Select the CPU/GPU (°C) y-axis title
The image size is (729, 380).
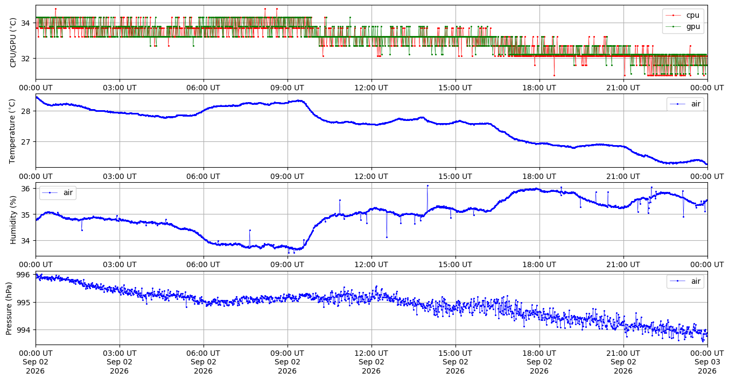point(13,42)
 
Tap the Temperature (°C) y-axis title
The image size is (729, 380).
point(12,131)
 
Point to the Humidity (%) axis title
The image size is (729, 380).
point(13,219)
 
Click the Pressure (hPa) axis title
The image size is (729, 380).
point(9,308)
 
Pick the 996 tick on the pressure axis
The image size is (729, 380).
point(23,275)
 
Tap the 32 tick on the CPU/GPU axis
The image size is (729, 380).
point(25,59)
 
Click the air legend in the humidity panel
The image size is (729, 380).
point(58,192)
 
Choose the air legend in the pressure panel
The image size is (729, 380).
point(685,281)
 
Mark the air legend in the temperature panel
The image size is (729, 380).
point(685,104)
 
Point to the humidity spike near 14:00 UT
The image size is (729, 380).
point(427,186)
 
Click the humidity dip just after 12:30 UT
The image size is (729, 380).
point(387,238)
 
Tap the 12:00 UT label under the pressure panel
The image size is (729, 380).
point(371,353)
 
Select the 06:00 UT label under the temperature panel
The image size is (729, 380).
point(204,176)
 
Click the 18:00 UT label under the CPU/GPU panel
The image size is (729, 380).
point(539,88)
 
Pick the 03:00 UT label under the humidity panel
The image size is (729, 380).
point(120,264)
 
